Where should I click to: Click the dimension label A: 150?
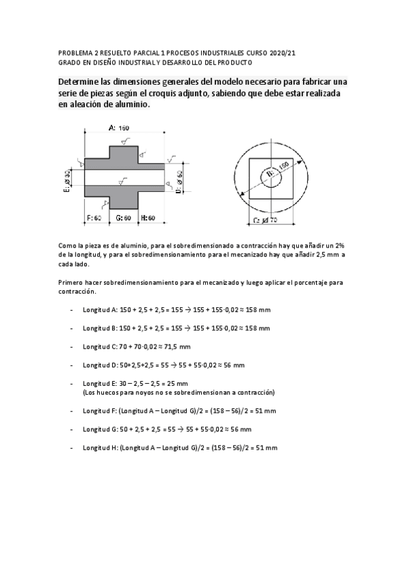[x=119, y=127]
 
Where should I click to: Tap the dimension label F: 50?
[x=93, y=218]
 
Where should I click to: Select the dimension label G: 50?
[x=123, y=218]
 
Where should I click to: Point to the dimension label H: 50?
[x=149, y=218]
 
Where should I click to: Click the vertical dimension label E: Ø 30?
[x=67, y=182]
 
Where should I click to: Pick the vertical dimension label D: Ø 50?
[x=179, y=182]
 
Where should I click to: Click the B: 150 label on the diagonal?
[x=277, y=170]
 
